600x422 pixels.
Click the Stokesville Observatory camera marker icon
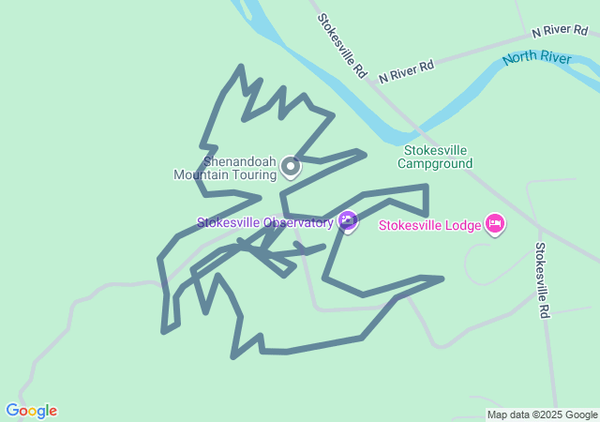[348, 221]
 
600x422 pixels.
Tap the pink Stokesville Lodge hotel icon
[495, 224]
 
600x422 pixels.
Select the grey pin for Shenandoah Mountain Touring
[291, 167]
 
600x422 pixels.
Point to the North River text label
[536, 59]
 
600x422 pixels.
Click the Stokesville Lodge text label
[428, 225]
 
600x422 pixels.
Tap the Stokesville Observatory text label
[264, 223]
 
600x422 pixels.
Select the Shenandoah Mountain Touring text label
[225, 167]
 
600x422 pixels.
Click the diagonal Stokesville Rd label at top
[340, 45]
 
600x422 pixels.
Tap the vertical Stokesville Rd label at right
[541, 280]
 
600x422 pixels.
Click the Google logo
[31, 411]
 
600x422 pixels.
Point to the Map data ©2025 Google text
[542, 414]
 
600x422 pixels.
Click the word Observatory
[298, 223]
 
